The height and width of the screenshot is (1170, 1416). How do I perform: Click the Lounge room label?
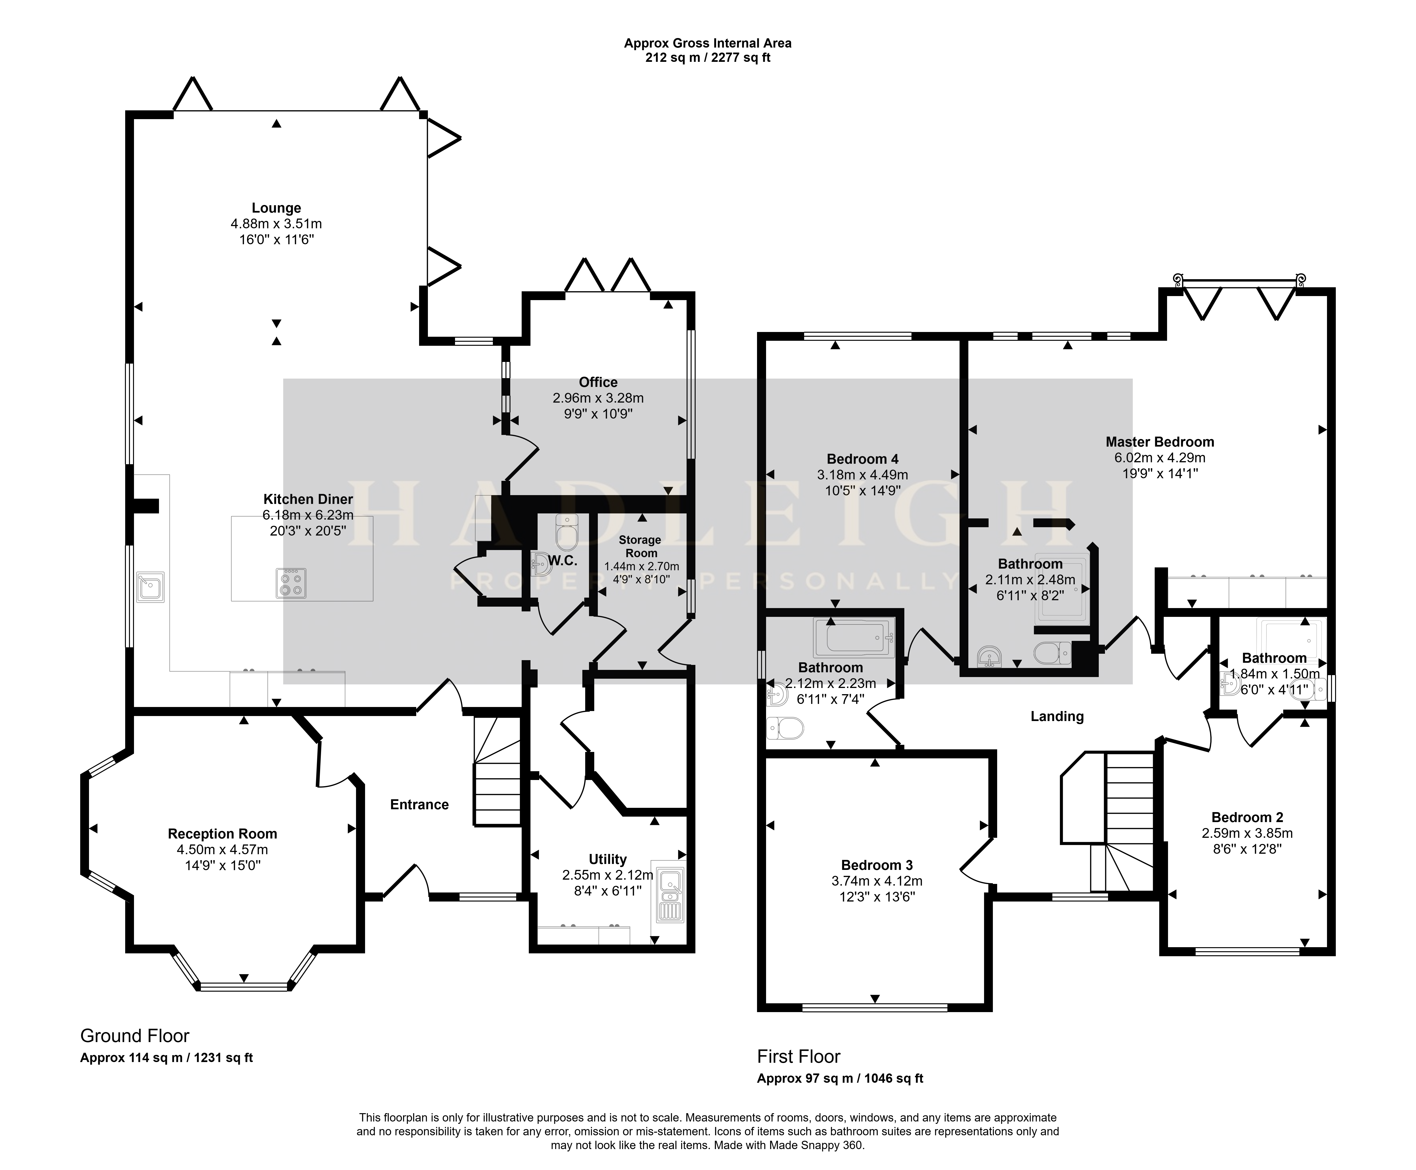click(277, 208)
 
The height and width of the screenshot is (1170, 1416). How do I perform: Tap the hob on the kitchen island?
click(291, 583)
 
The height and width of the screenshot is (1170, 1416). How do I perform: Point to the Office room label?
click(598, 382)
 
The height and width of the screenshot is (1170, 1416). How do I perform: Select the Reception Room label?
click(223, 834)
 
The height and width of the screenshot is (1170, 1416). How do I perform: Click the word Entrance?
click(419, 804)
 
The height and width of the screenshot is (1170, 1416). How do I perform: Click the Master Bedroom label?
click(1160, 442)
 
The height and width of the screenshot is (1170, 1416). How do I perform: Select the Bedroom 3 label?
click(876, 865)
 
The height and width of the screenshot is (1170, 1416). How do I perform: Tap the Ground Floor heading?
click(135, 1036)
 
